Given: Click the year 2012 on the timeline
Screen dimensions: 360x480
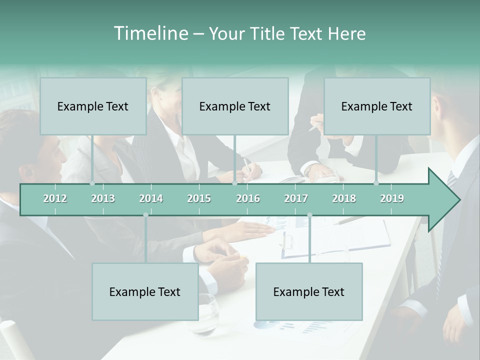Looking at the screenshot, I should tap(55, 198).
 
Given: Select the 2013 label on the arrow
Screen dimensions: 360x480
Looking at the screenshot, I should tap(103, 198).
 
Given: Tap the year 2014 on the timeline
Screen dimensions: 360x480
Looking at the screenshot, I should tap(151, 198).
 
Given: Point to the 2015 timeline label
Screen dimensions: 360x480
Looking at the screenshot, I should tap(199, 198).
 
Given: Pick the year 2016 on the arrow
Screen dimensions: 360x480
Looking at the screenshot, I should tap(248, 198).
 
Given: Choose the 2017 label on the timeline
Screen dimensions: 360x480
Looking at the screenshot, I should tap(296, 198).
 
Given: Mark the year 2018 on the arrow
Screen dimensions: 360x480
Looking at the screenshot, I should tap(344, 198).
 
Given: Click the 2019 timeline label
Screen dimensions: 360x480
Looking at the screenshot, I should tap(392, 198).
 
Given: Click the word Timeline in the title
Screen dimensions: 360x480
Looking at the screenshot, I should tap(150, 33).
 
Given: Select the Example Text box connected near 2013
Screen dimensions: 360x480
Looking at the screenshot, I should tap(93, 106).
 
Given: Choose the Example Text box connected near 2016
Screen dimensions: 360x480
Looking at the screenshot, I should tap(235, 106).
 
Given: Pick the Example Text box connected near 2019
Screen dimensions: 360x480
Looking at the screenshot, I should tap(377, 106).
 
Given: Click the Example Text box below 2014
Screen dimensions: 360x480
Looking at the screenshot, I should tap(145, 291).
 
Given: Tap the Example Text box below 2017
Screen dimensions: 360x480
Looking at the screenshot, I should tap(309, 291).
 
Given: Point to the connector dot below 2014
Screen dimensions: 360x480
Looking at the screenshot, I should tap(145, 215).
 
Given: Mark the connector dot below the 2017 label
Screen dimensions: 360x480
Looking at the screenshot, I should tap(309, 215).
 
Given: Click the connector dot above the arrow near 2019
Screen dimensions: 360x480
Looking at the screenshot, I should tap(376, 183).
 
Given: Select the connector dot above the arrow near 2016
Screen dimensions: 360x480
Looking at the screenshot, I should tap(234, 183).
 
